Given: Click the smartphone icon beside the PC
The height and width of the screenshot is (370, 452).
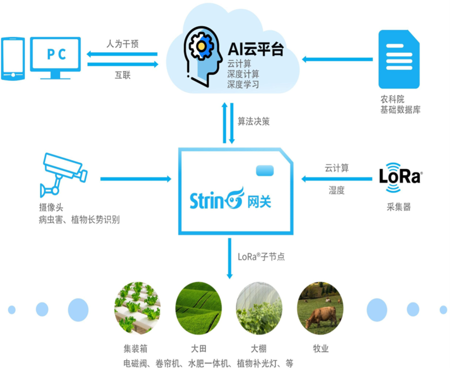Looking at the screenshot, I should tap(13, 58).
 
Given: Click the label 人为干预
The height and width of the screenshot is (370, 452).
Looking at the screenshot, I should tap(122, 44).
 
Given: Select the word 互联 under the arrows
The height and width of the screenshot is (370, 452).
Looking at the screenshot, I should tap(123, 75).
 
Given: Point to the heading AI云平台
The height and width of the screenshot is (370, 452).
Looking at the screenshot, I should tap(255, 49).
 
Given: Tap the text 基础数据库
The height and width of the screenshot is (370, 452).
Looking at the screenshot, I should tap(400, 110).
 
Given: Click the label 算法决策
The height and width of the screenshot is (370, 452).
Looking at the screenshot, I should tap(254, 122).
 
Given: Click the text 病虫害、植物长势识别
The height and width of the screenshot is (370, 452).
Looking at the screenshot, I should tap(79, 219).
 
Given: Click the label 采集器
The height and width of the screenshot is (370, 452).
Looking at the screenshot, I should tap(398, 207).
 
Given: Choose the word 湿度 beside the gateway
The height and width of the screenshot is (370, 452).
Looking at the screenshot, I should tap(336, 190).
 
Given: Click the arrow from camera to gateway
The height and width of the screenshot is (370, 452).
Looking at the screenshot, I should tap(136, 179).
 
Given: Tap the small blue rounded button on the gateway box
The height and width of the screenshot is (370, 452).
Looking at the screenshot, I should tap(265, 171).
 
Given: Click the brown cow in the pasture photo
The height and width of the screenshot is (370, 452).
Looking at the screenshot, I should tap(321, 316).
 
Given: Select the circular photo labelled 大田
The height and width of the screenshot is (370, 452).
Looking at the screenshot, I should tap(198, 308).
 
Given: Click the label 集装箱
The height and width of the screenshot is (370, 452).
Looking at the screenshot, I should tap(136, 348).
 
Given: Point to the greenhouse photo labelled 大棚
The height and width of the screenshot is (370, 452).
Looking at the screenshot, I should tap(259, 308).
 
